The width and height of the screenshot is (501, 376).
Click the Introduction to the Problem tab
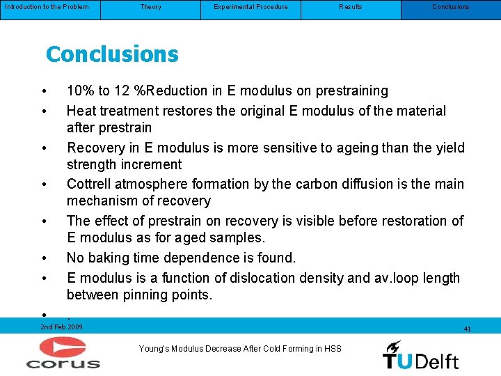coord(47,7)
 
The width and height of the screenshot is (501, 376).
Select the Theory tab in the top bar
coord(150,7)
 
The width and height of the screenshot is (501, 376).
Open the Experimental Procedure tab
coord(250,7)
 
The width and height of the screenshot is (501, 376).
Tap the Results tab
coord(351,7)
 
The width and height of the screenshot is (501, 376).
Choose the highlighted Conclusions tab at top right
coord(451,7)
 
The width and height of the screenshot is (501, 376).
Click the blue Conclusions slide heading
coord(112,54)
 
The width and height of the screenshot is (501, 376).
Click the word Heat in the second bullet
coord(81,111)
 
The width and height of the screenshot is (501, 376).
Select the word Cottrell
coord(90,184)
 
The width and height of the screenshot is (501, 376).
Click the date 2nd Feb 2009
coord(61,327)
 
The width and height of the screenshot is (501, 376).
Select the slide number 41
coord(467,329)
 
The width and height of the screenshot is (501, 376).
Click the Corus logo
coord(63,352)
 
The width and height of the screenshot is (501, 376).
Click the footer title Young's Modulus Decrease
coord(240,348)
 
